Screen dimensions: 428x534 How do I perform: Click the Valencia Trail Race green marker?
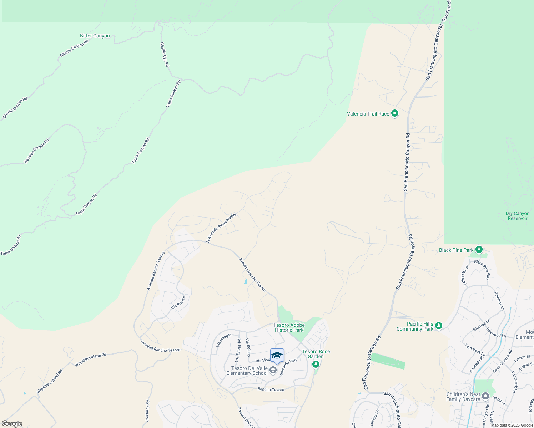coord(394,114)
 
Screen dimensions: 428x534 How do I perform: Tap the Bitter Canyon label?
coord(95,36)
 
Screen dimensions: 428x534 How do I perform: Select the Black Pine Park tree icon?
coord(479,250)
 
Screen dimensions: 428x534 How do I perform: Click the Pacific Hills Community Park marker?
coord(439,326)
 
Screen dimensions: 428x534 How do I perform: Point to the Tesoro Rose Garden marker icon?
coord(316,364)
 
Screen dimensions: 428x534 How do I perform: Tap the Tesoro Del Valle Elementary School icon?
coord(273,370)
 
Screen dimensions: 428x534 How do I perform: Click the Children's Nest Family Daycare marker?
coord(485,396)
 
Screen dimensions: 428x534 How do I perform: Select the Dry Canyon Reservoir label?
coord(517,216)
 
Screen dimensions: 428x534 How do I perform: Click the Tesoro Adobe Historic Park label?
coord(289,327)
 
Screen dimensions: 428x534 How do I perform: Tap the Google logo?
coord(12,424)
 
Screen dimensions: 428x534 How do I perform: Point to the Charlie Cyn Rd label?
coord(165,55)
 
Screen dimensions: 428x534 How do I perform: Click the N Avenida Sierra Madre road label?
coord(221,228)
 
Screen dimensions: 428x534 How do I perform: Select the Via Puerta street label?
coord(178,302)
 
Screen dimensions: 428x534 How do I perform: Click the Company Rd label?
coord(147,411)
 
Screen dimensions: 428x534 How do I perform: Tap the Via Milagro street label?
coord(224,340)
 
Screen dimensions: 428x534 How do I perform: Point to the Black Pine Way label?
coord(482,270)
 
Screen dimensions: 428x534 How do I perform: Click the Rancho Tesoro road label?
coord(271,389)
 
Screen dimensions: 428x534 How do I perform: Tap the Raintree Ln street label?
coord(499,301)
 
